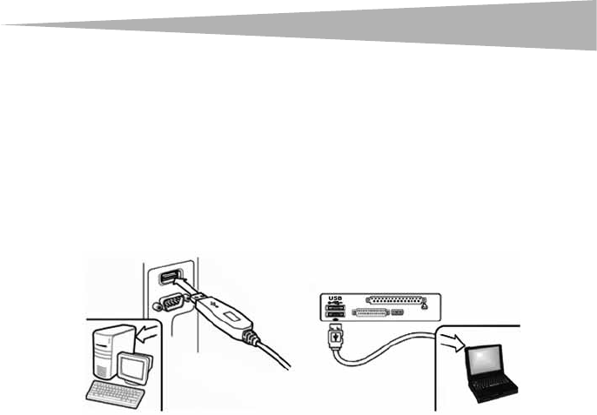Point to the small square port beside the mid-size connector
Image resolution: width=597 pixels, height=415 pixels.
click(399, 313)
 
